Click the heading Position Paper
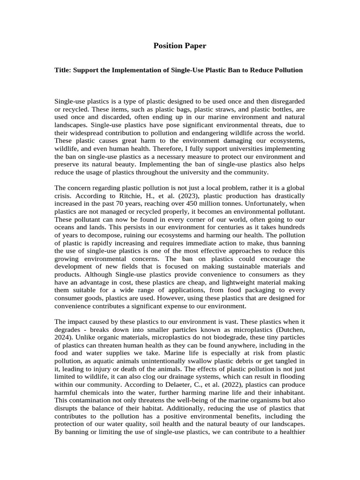pos(180,46)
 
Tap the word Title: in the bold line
pos(64,70)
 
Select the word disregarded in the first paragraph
pos(286,102)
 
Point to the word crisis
pos(65,195)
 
